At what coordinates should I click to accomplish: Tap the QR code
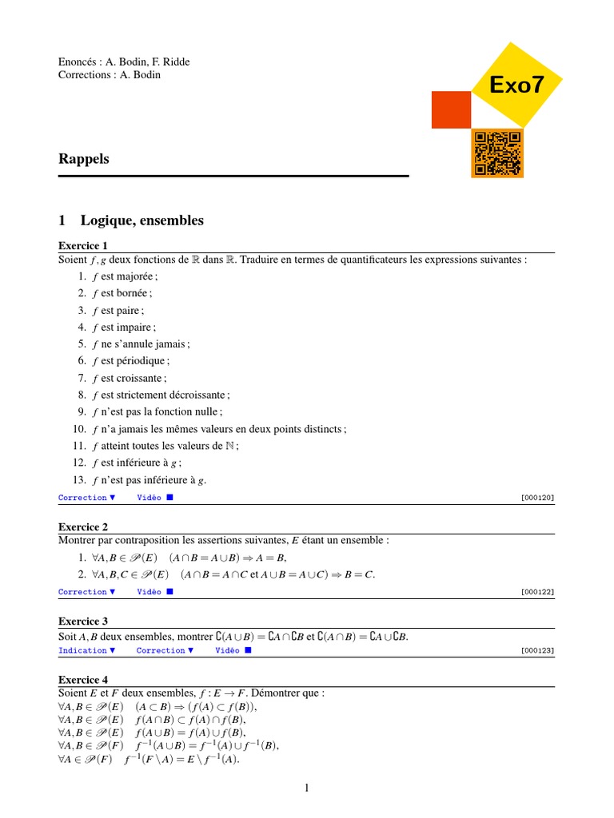(x=497, y=153)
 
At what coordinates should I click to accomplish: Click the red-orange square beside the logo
(x=451, y=109)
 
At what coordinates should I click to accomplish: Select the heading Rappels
(x=84, y=159)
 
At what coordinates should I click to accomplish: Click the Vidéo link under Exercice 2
(x=154, y=592)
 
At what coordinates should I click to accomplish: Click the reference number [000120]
(x=537, y=498)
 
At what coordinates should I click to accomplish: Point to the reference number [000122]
(x=537, y=592)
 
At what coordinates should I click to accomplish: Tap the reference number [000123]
(x=537, y=650)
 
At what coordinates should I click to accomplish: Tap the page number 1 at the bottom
(x=306, y=788)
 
